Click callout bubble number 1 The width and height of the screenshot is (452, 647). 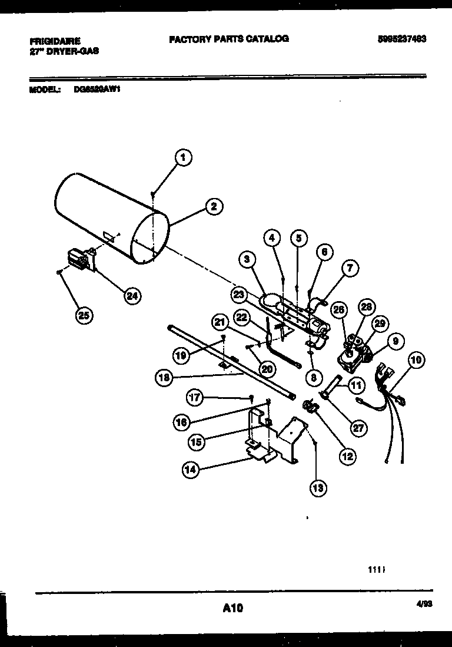(x=184, y=157)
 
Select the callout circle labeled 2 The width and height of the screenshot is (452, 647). (x=214, y=206)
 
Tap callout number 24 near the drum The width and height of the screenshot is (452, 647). (x=133, y=296)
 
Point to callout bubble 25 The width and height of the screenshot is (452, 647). (x=84, y=315)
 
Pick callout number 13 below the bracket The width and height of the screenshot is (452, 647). (x=318, y=487)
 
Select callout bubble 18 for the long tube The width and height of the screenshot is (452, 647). (x=165, y=379)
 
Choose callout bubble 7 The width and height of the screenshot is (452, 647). (x=349, y=269)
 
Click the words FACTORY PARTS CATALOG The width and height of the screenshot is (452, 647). (x=229, y=39)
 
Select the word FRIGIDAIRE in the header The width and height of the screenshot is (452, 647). (x=55, y=41)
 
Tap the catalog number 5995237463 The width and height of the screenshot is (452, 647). (x=402, y=39)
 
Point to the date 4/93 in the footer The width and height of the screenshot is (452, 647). (x=416, y=604)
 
